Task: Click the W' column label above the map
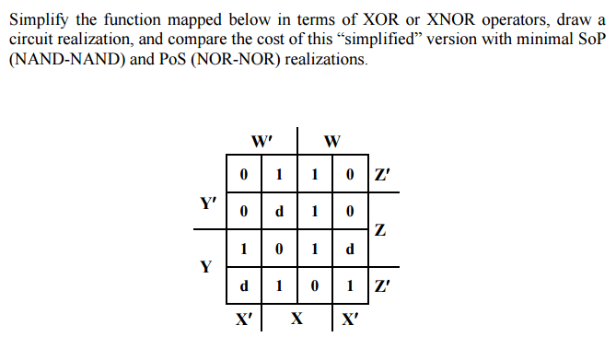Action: tap(262, 142)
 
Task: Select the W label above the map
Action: tap(332, 142)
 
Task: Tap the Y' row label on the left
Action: tap(208, 203)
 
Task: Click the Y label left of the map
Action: tap(206, 267)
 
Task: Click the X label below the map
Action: tap(297, 321)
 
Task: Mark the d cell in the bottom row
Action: tap(243, 286)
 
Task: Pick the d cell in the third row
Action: tap(350, 249)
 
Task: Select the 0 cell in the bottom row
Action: tap(315, 286)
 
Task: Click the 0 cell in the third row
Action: tap(279, 249)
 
